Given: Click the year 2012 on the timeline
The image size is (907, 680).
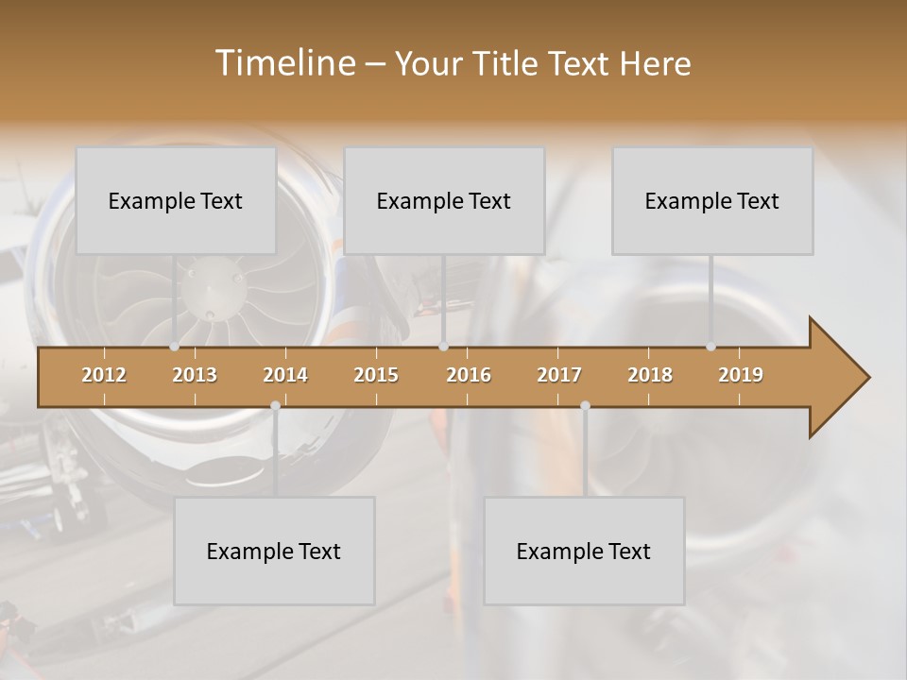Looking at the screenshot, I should click(x=104, y=375).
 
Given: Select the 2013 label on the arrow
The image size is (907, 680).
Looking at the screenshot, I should click(x=195, y=375).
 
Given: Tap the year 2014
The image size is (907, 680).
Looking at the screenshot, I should click(x=285, y=375).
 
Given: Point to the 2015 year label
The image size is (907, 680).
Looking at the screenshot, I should click(x=376, y=375).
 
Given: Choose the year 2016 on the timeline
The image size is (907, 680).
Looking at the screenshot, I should click(x=469, y=375).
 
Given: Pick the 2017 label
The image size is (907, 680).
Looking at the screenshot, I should click(x=559, y=375).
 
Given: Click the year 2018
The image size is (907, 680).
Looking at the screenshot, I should click(x=650, y=375).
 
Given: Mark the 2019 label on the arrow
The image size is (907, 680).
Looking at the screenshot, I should click(x=741, y=375).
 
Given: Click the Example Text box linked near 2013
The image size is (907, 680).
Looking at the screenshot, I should click(x=176, y=200).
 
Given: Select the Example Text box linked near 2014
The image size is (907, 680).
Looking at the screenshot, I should click(x=274, y=551).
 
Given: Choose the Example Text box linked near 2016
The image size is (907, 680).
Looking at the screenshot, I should click(x=444, y=200).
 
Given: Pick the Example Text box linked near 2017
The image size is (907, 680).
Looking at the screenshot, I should click(x=584, y=551).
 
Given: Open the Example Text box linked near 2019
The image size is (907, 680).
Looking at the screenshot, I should click(x=712, y=200).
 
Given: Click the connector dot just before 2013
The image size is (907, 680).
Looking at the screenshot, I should click(x=175, y=347).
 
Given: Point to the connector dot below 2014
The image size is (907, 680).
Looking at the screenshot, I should click(x=275, y=405).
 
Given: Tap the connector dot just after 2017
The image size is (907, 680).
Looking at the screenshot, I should click(x=585, y=405).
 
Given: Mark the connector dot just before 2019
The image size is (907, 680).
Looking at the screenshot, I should click(x=710, y=347).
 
